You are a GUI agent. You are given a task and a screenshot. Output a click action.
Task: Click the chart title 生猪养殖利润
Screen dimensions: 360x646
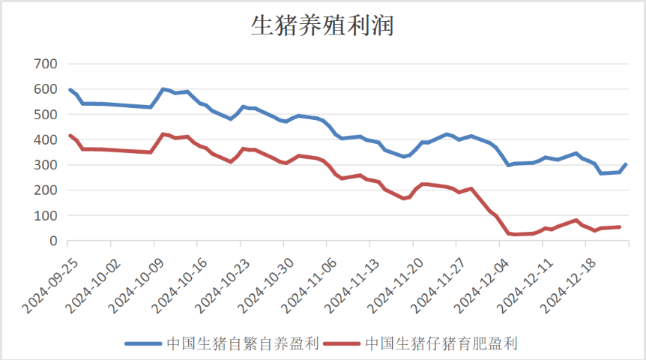[x=322, y=27]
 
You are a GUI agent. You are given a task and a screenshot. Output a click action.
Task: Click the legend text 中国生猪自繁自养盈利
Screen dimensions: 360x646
[x=243, y=343]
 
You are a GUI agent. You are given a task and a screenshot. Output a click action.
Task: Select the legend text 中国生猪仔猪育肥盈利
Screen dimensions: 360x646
[x=441, y=343]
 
